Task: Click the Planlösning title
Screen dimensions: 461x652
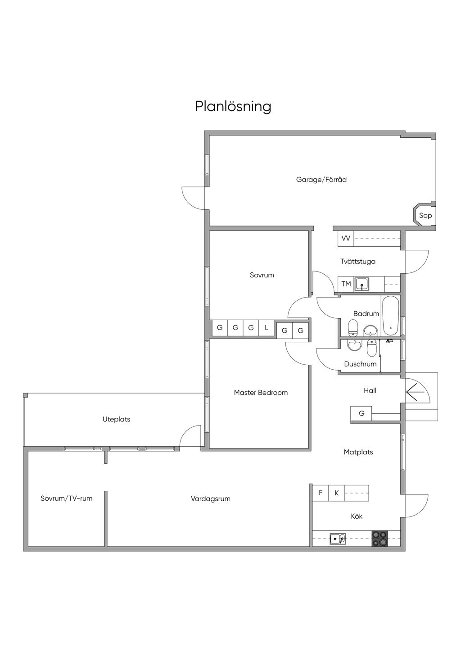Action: click(x=233, y=107)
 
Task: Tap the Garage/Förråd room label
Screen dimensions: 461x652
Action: click(x=321, y=180)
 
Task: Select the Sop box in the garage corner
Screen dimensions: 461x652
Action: click(x=425, y=215)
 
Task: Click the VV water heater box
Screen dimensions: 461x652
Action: click(x=346, y=238)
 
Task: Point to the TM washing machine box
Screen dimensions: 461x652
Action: click(x=346, y=284)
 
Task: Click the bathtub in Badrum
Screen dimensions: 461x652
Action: click(x=390, y=316)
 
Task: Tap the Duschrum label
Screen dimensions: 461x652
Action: click(x=360, y=364)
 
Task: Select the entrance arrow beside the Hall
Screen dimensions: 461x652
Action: click(x=416, y=391)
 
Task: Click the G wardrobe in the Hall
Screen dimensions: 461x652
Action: click(x=362, y=413)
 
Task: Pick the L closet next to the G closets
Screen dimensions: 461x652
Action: click(x=267, y=328)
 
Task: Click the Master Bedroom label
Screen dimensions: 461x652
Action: click(x=261, y=393)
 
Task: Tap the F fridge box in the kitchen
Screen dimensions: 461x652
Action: click(x=321, y=493)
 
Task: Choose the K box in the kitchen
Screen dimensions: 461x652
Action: click(x=336, y=493)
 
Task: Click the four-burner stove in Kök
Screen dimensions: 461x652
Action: click(x=379, y=539)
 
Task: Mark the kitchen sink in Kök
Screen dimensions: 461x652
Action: click(x=337, y=538)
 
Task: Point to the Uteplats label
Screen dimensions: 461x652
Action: click(x=116, y=419)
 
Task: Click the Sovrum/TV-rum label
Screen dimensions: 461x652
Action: click(x=67, y=498)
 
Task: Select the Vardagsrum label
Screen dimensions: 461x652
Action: click(x=211, y=499)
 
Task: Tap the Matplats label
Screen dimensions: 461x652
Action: click(x=358, y=452)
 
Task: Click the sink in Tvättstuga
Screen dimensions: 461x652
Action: click(x=362, y=284)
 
